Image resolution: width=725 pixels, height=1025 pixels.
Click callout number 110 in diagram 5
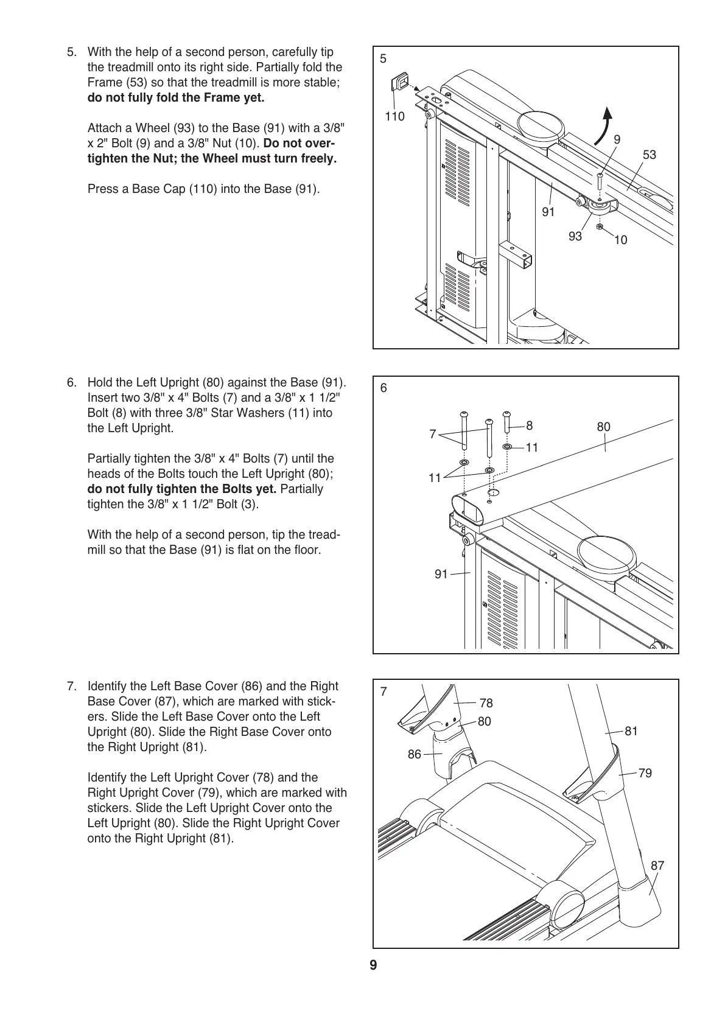coord(394,116)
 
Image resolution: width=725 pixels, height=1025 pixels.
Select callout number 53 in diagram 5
coord(650,155)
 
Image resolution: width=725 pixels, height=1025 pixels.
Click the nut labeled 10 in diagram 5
coord(600,226)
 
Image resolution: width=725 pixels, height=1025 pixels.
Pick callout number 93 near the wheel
coord(575,236)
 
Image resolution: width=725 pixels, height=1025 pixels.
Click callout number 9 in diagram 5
coord(617,139)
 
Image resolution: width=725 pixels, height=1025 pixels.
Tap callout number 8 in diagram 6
coord(529,425)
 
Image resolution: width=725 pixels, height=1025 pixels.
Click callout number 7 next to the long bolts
coord(433,434)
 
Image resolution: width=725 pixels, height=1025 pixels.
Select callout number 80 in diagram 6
coord(603,427)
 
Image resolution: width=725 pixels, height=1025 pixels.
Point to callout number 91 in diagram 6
coord(441,574)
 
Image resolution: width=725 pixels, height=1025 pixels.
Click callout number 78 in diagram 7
coord(486,703)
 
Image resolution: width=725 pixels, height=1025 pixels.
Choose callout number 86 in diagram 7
coord(415,755)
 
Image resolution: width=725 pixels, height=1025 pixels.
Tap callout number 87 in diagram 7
coord(657,866)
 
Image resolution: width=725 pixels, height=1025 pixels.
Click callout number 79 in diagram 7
coord(645,773)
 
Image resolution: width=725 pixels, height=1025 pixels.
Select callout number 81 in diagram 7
coord(631,731)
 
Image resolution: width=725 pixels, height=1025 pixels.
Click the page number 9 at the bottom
coord(373,966)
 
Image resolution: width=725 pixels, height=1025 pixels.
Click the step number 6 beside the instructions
coord(72,383)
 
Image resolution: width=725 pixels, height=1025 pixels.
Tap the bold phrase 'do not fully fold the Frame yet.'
coord(176,98)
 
